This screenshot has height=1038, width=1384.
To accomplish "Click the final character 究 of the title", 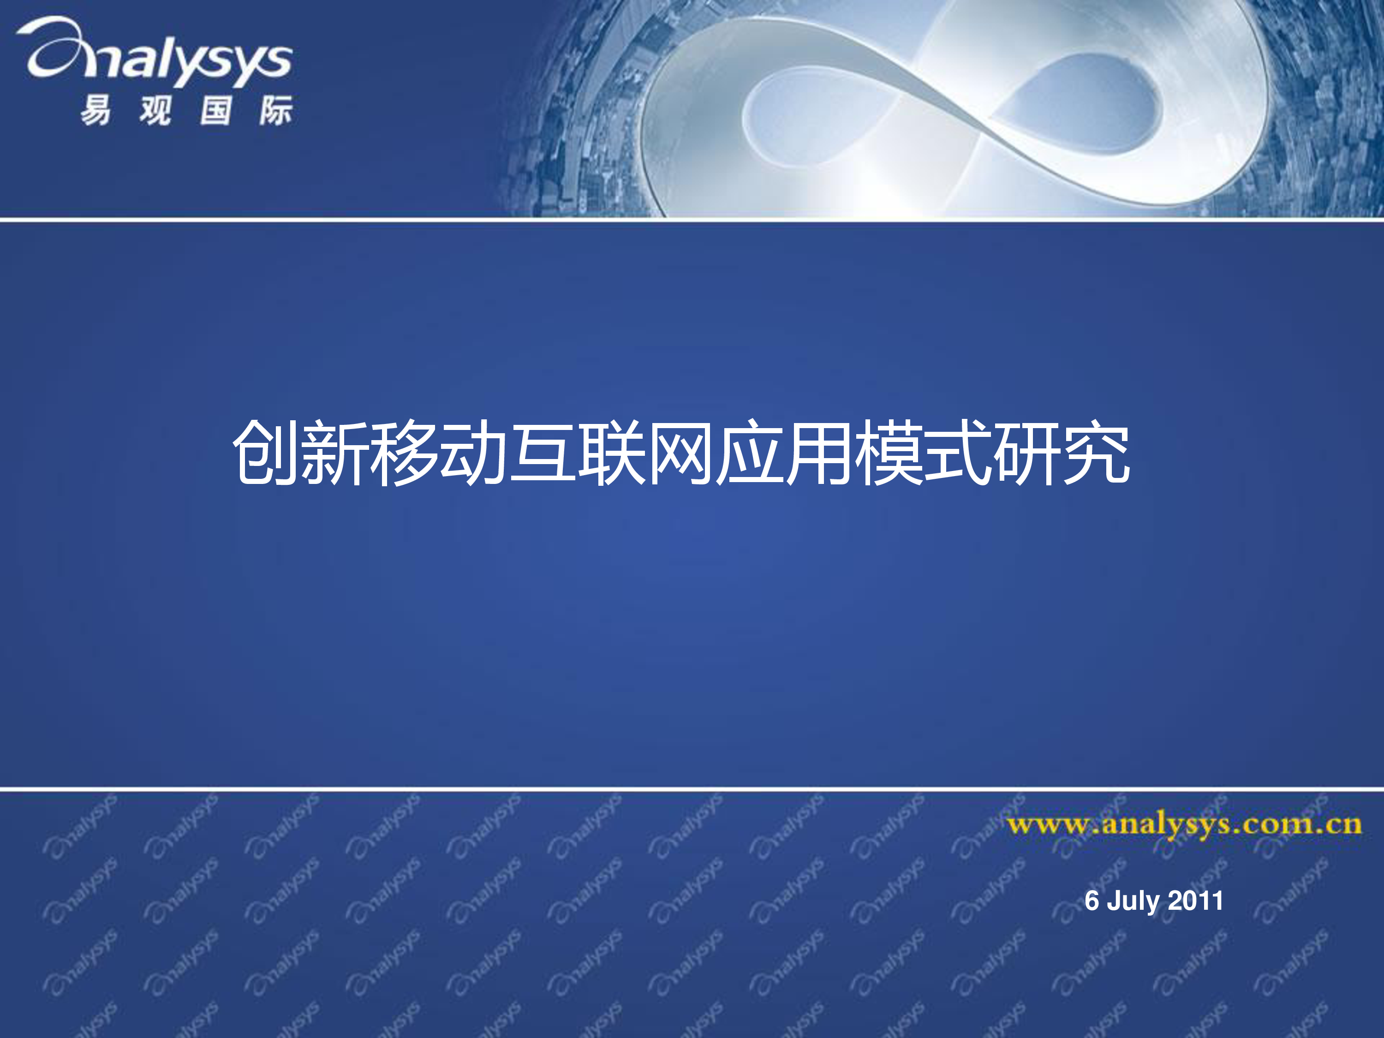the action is [1097, 453].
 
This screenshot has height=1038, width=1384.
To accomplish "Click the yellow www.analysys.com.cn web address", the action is [1184, 825].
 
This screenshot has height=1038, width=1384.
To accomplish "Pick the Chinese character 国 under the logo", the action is [216, 110].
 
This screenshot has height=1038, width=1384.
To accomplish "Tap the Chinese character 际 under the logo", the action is [276, 110].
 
